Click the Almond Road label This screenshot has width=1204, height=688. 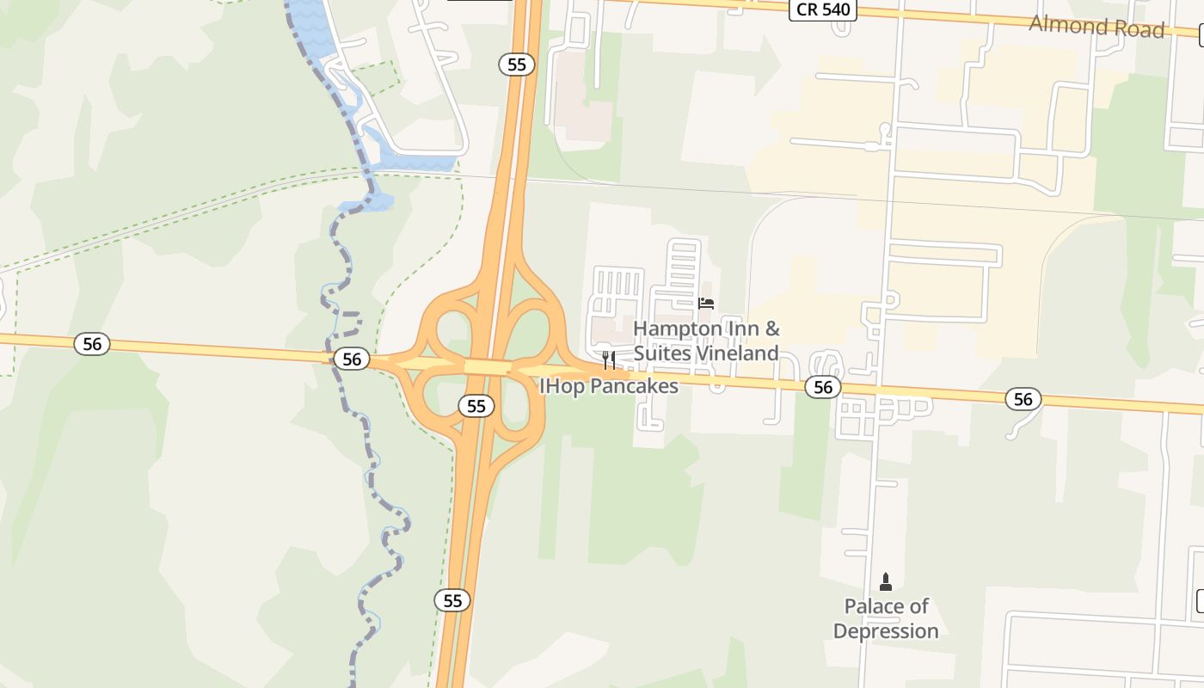pyautogui.click(x=1096, y=27)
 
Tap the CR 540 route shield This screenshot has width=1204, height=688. pyautogui.click(x=824, y=10)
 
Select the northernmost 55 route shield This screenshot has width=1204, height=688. pyautogui.click(x=517, y=64)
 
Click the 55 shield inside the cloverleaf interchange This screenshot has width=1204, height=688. pyautogui.click(x=476, y=406)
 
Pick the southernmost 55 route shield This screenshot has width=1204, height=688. pyautogui.click(x=452, y=600)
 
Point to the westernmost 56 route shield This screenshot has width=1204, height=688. pyautogui.click(x=92, y=345)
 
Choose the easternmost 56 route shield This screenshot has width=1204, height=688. pyautogui.click(x=1023, y=399)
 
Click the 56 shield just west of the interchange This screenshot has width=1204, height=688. pyautogui.click(x=352, y=359)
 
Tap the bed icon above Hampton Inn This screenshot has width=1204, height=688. pyautogui.click(x=706, y=303)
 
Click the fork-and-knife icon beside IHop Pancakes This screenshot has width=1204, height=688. pyautogui.click(x=609, y=359)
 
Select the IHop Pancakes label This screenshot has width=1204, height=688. pyautogui.click(x=609, y=386)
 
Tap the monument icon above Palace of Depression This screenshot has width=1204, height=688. pyautogui.click(x=886, y=582)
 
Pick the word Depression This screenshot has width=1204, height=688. pyautogui.click(x=886, y=631)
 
